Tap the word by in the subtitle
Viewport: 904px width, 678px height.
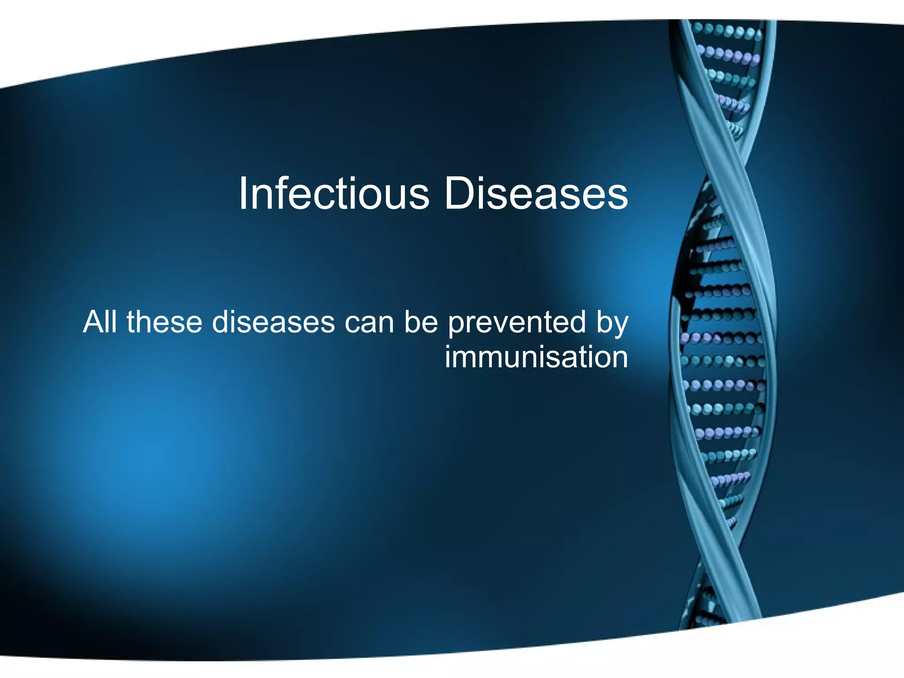[x=612, y=323]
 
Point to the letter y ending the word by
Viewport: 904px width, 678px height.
[x=621, y=326]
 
